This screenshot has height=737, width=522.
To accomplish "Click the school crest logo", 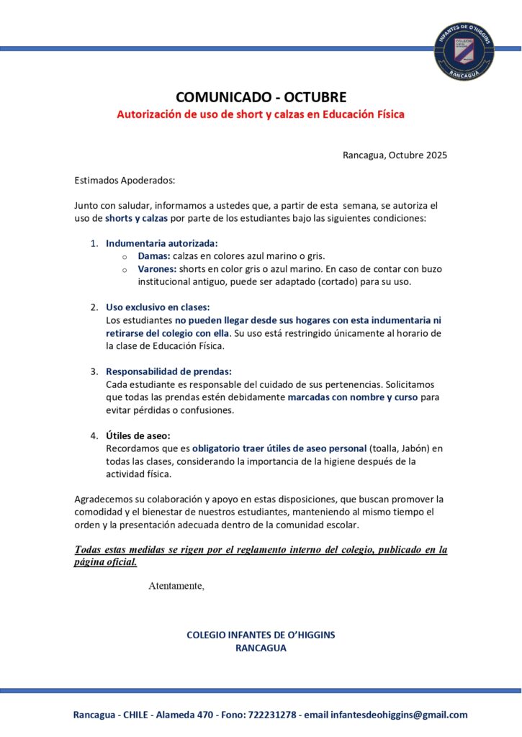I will point(464,50).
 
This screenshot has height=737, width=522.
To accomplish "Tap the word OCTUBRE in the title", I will point(315,97).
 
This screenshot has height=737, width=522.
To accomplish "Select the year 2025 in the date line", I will point(436,155).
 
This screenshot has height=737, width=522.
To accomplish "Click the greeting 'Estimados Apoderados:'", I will point(125,180).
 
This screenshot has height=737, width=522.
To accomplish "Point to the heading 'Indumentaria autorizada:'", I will point(161,243).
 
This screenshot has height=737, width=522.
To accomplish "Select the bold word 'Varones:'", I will point(158,269).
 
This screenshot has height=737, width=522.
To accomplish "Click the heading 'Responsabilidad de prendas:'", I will point(168,371).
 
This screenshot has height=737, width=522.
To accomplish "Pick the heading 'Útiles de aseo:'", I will point(138,435).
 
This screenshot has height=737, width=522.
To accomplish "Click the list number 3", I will point(94,371).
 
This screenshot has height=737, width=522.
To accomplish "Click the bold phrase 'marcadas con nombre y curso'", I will point(353,397).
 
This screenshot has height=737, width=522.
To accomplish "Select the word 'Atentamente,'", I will point(176,586).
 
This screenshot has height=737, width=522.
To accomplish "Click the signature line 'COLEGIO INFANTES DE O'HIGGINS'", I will point(261,635).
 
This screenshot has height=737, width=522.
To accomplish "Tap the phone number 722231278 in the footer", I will point(273,715).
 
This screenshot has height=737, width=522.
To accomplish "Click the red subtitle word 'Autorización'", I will point(153,114).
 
